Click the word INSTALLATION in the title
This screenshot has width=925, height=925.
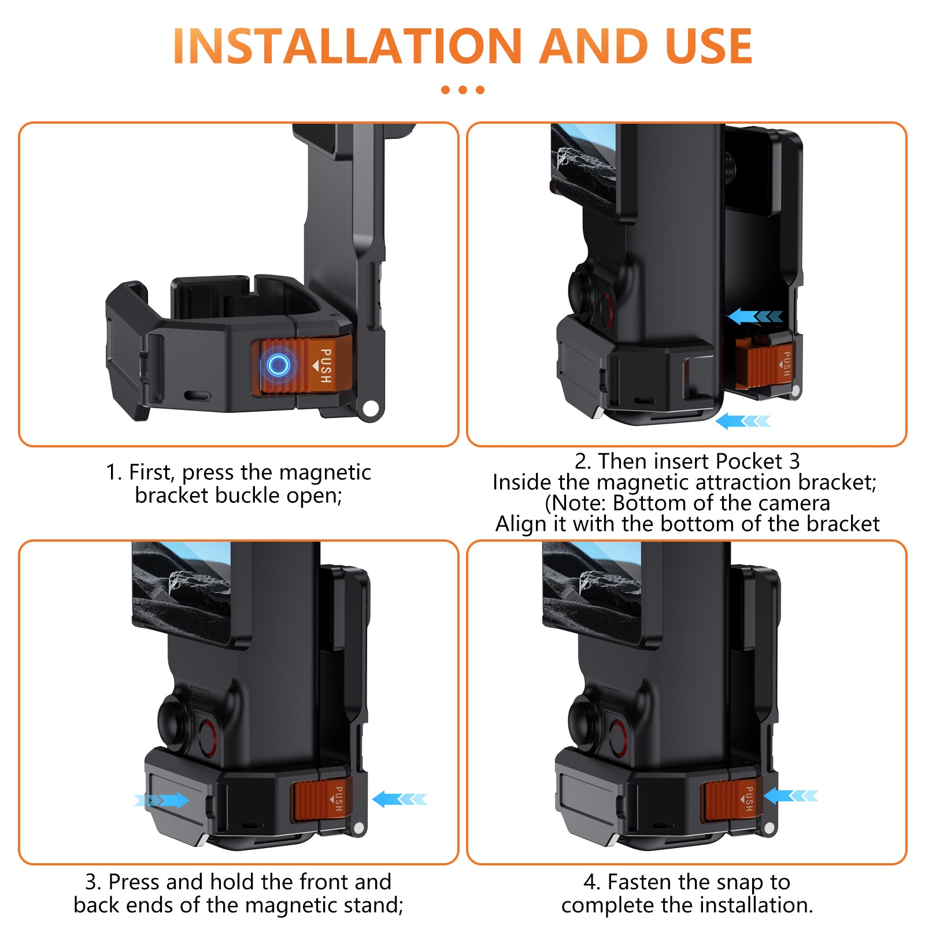pyautogui.click(x=347, y=46)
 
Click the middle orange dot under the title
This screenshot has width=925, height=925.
pyautogui.click(x=462, y=90)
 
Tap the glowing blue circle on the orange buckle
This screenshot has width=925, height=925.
pyautogui.click(x=278, y=365)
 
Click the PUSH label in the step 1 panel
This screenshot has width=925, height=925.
pyautogui.click(x=325, y=365)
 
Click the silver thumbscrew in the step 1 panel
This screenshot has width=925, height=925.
pyautogui.click(x=369, y=409)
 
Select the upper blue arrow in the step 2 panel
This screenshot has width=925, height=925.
pyautogui.click(x=756, y=316)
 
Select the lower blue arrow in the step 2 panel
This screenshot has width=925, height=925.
pyautogui.click(x=743, y=421)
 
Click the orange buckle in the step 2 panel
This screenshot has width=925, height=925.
pyautogui.click(x=765, y=361)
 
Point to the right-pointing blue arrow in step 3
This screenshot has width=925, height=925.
pyautogui.click(x=162, y=800)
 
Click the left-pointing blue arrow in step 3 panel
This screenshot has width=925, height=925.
pyautogui.click(x=399, y=800)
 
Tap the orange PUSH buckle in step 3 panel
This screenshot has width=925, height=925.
pyautogui.click(x=323, y=801)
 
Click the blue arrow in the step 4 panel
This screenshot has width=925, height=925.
pyautogui.click(x=791, y=796)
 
